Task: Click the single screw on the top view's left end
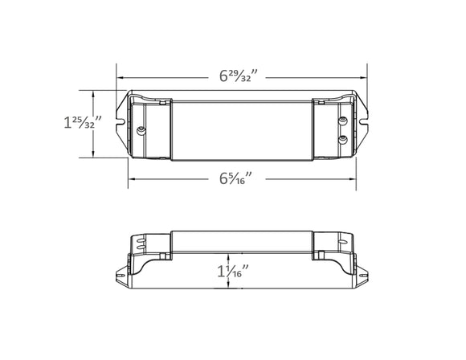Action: (x=142, y=129)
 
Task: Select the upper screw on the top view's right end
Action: (x=343, y=120)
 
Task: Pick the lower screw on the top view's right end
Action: (x=343, y=139)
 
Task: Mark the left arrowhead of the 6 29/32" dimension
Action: (x=121, y=76)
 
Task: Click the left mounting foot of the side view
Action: (x=125, y=272)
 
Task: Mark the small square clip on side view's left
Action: (x=164, y=256)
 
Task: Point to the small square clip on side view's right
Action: (x=320, y=256)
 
